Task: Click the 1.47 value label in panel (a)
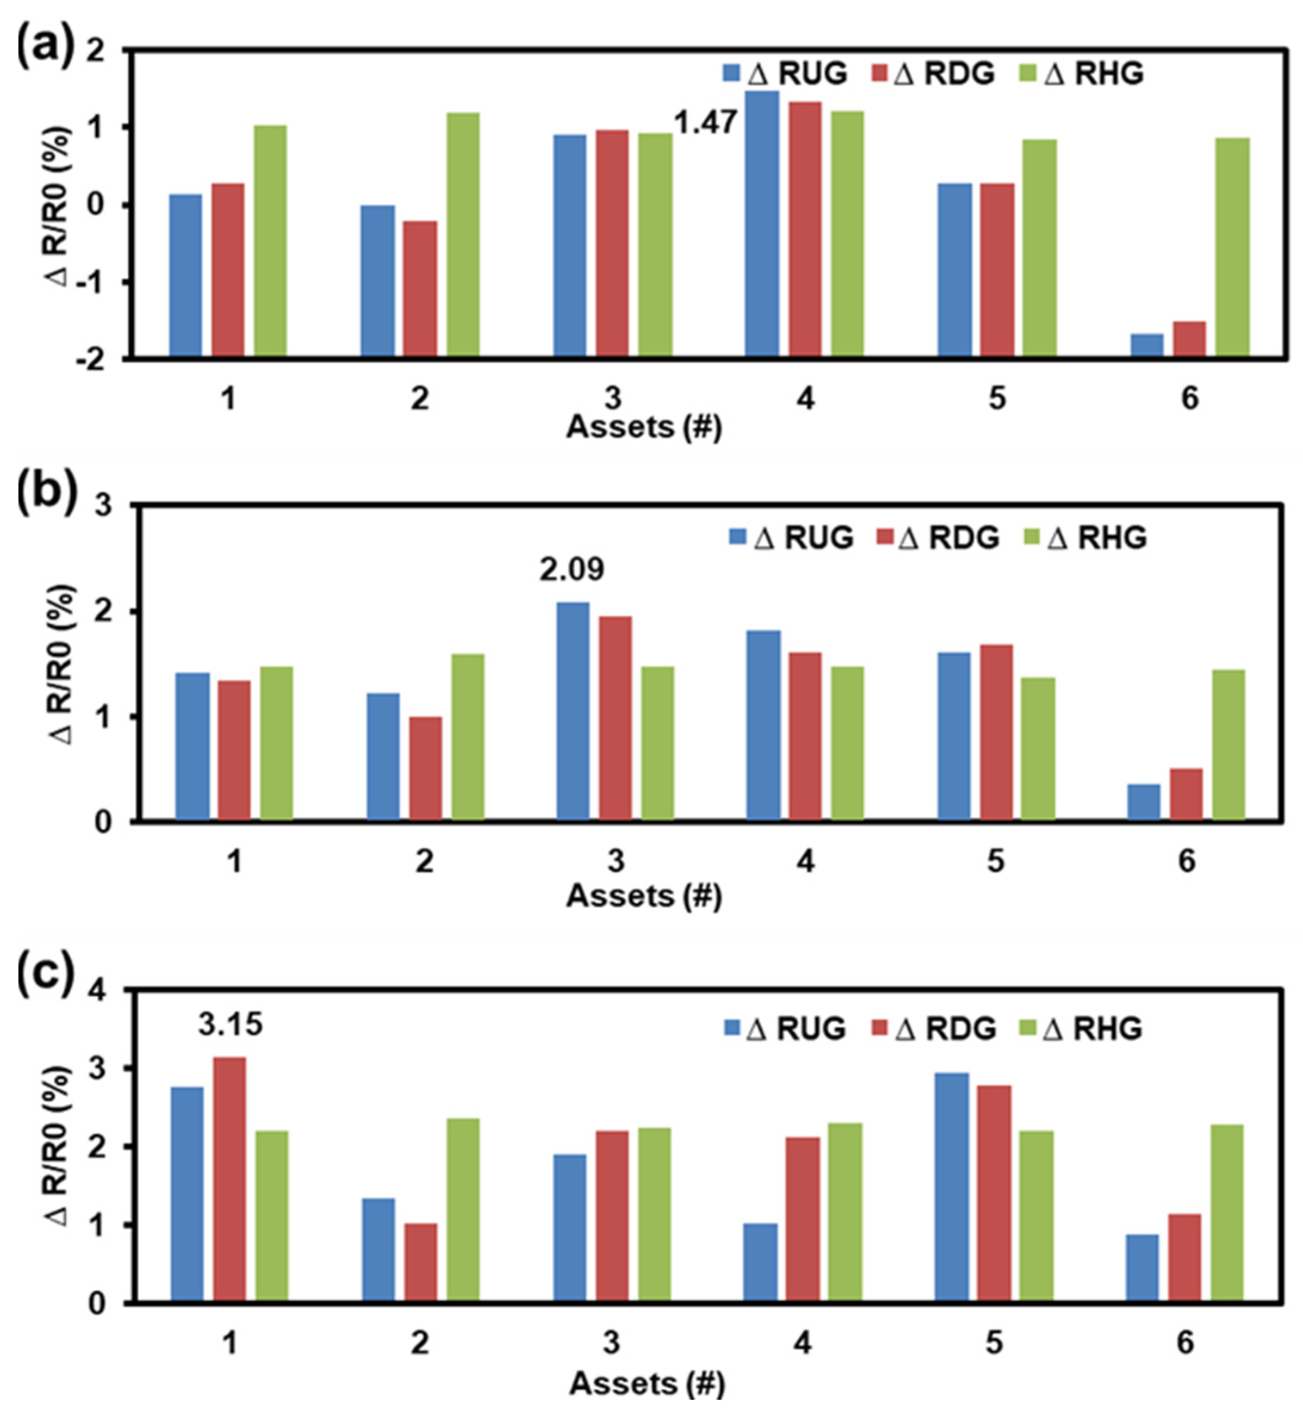pos(706,123)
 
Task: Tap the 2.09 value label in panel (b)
pos(572,569)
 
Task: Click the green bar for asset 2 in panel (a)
pos(464,234)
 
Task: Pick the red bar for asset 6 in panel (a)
pos(1189,339)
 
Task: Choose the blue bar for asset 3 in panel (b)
pos(573,711)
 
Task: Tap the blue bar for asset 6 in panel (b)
pos(1144,802)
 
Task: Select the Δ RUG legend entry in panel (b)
pos(791,538)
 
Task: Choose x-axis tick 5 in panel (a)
pos(997,399)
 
